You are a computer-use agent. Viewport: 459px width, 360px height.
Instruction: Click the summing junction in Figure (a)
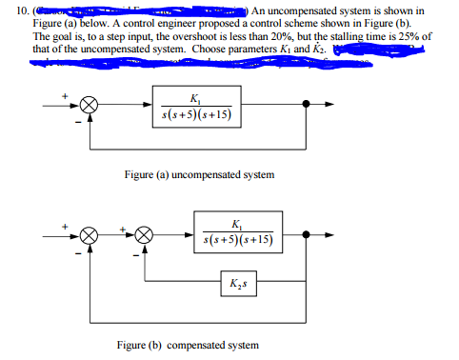coord(87,107)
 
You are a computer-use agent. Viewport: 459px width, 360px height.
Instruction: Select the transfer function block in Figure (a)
coord(195,107)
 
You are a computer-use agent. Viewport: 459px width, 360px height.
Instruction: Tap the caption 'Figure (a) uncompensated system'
coord(200,174)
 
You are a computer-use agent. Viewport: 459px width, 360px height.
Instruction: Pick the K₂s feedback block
coord(235,286)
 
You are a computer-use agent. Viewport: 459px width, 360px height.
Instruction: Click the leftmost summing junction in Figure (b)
coord(89,232)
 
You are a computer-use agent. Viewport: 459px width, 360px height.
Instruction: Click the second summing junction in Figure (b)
coord(144,232)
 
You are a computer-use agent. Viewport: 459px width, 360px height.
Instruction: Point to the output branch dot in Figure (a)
coord(304,107)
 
